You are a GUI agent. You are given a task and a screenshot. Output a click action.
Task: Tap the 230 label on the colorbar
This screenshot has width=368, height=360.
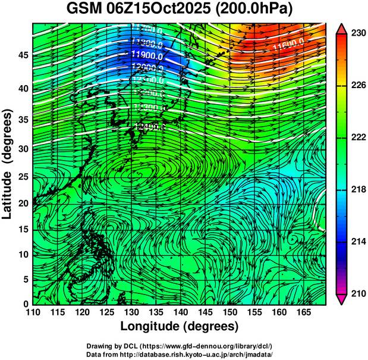point(357,34)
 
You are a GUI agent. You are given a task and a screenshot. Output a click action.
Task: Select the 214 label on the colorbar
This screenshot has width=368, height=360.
point(357,242)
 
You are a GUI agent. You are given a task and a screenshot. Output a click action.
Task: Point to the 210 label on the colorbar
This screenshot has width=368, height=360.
point(357,293)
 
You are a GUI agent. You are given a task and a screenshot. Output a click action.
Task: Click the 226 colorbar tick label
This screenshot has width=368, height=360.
point(357,86)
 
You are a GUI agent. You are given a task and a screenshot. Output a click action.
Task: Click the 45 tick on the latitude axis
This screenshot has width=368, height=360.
point(23,55)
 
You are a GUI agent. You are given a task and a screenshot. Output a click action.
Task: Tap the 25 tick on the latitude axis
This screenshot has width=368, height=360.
point(23,177)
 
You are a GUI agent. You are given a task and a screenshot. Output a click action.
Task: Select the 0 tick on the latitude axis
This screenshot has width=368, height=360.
point(26,304)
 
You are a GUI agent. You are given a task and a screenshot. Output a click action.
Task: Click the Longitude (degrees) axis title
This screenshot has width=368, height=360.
point(180,326)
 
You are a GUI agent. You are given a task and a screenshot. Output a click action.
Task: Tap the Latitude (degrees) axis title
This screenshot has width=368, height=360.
point(8,164)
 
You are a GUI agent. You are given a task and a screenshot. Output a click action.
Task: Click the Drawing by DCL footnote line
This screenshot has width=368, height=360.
point(179,346)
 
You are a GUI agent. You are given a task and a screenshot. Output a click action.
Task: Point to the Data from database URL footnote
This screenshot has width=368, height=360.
point(179,354)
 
